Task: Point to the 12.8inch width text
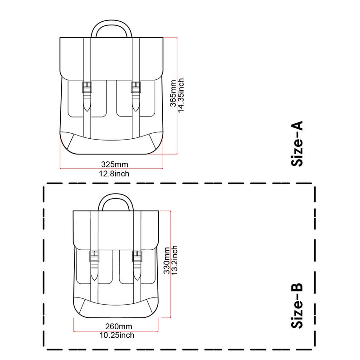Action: point(114,173)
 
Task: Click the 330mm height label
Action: point(166,260)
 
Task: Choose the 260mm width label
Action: point(118,326)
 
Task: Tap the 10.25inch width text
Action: point(117,336)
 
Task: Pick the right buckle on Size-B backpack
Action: point(137,257)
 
